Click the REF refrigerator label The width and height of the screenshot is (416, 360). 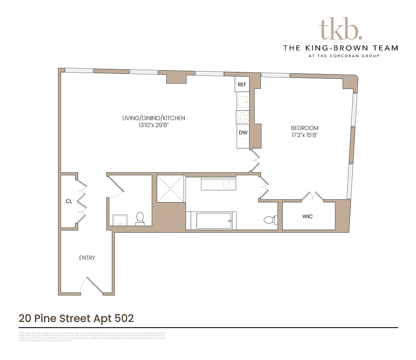pos(242,85)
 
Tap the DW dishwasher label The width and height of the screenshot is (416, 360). pos(243,133)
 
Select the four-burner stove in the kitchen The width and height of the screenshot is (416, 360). pos(243,117)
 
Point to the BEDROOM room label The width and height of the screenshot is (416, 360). pos(304,128)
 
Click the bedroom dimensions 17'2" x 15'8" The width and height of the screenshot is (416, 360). pos(304,135)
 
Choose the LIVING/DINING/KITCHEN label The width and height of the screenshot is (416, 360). pos(154,118)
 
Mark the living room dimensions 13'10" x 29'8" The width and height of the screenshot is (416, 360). pos(154,126)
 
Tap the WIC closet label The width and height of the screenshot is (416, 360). pos(308,216)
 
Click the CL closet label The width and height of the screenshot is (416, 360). pos(69,201)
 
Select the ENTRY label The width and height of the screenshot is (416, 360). pos(87,258)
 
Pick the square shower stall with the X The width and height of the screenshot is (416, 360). pos(170,189)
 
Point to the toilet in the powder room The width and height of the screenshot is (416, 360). pos(140,218)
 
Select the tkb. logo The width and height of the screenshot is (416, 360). pos(340,29)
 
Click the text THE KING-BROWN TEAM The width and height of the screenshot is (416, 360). pos(340,48)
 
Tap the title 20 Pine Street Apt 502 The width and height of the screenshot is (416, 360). pos(76,318)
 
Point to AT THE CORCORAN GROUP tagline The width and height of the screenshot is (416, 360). pos(340,56)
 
